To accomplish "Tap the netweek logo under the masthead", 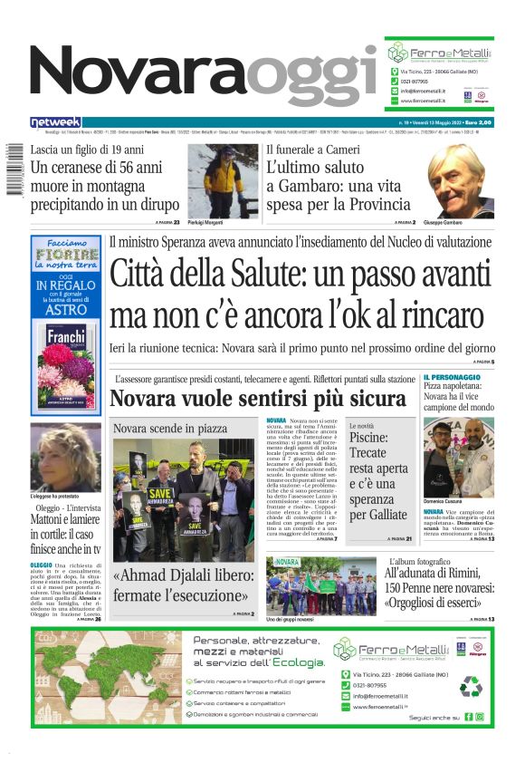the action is [x=55, y=122].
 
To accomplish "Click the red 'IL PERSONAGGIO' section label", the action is [x=452, y=377].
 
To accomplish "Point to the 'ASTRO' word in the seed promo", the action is [x=65, y=310].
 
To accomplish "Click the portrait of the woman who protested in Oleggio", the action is [x=65, y=457].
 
